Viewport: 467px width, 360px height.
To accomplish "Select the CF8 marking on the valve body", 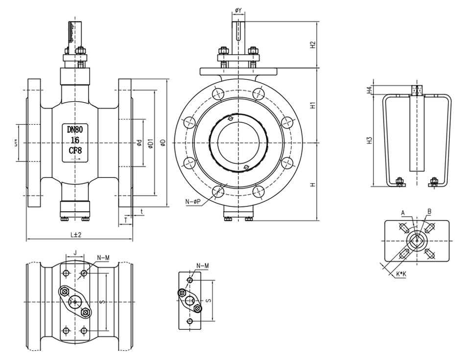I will point(75,151).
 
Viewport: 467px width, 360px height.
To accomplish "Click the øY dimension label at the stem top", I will point(238,10).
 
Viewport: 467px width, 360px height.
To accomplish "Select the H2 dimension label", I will point(313,45).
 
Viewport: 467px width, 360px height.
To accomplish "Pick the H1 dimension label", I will point(313,105).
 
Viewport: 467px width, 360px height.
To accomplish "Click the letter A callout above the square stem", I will point(402,213).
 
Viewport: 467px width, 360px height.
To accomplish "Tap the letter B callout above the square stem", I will point(429,211).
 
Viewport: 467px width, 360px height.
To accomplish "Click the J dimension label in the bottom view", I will point(75,253).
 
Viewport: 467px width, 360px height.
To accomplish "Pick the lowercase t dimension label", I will point(141,211).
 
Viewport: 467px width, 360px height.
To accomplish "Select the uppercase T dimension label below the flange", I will point(126,220).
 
